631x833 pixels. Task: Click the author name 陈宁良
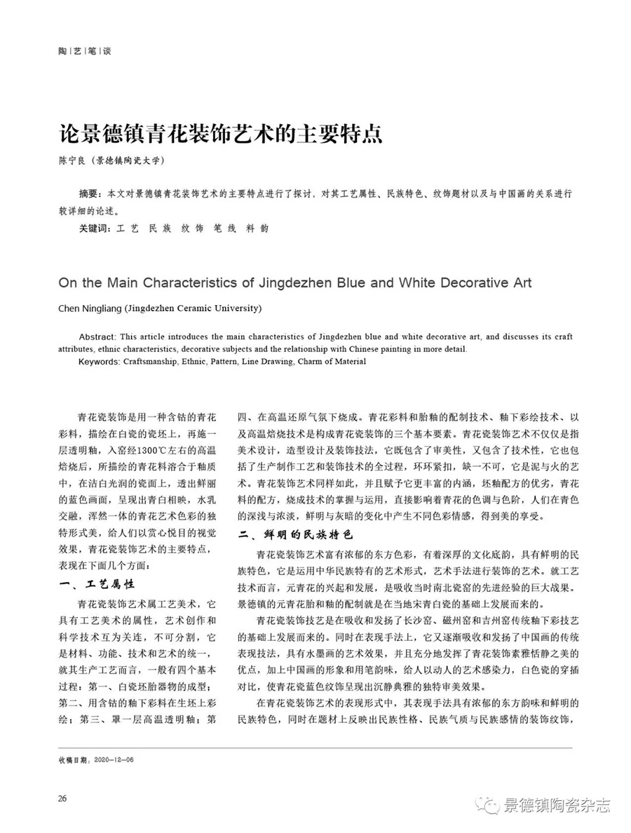coord(73,161)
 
